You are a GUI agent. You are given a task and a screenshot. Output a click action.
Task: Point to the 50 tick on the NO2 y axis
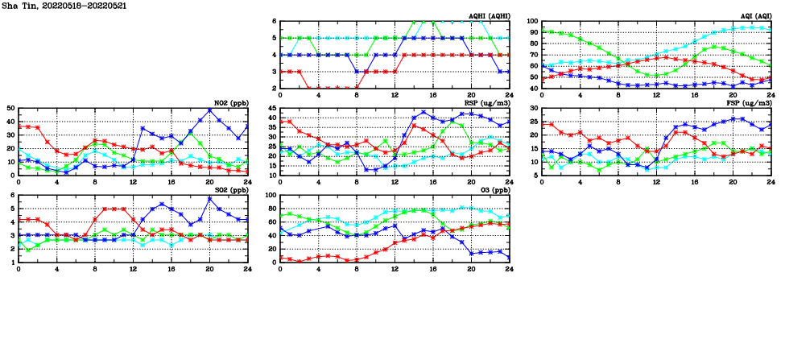coord(10,108)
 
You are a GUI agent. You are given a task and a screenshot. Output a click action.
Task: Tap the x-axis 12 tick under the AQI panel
coord(656,94)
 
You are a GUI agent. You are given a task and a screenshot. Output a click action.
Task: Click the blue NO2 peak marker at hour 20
coord(209,110)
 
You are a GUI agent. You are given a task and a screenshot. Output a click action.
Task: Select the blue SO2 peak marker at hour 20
coord(209,199)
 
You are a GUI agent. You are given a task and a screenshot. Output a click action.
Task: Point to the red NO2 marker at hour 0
coord(19,126)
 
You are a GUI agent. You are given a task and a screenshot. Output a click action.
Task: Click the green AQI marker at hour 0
coord(542,31)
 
